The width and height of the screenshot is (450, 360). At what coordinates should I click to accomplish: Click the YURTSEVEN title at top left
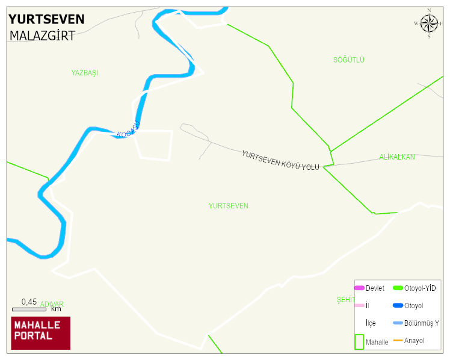tap(46, 19)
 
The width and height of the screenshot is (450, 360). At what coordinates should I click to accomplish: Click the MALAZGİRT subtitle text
tap(42, 36)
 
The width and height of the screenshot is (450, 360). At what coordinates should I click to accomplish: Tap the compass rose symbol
tap(429, 23)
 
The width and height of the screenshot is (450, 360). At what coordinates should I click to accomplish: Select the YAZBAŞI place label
tap(85, 73)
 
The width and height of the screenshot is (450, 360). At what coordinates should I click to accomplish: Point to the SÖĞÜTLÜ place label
tap(349, 60)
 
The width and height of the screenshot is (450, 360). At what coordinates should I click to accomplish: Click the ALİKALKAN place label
tap(397, 157)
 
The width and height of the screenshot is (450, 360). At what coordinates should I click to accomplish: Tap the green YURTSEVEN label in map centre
tap(228, 206)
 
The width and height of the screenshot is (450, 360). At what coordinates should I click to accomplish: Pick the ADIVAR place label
tap(52, 304)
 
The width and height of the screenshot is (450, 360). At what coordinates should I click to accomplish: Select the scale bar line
tap(29, 309)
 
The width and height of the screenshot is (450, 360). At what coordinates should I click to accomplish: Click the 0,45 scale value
tap(29, 302)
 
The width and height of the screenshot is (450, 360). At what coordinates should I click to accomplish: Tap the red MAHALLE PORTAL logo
tap(41, 333)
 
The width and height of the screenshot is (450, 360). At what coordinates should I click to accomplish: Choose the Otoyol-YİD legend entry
tap(420, 288)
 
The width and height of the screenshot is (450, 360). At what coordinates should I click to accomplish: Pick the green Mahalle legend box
tap(359, 341)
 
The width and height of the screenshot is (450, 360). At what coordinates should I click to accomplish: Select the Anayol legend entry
tap(414, 341)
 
